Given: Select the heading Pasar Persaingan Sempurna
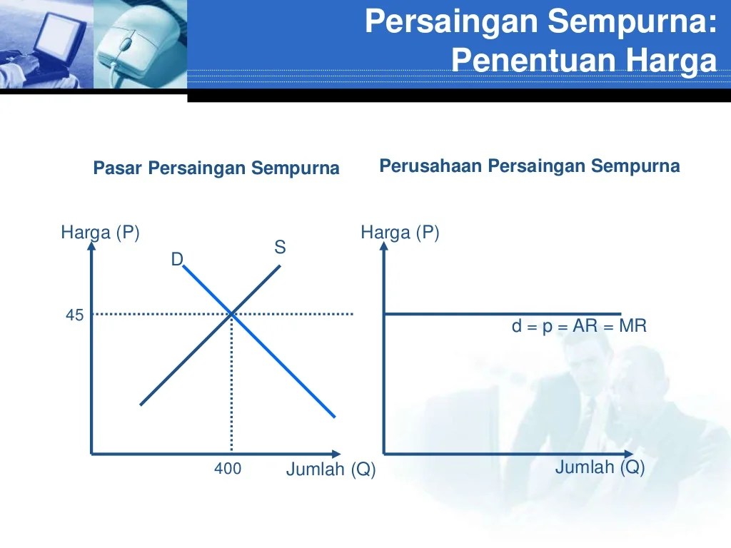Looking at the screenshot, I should click(216, 169).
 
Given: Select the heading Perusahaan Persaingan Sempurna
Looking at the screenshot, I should click(529, 167).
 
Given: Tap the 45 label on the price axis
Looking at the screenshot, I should click(75, 315).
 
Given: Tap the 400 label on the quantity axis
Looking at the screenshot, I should click(228, 470).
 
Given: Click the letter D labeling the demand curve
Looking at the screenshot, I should click(177, 260).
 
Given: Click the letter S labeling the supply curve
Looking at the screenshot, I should click(280, 248).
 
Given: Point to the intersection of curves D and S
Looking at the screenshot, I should click(232, 313).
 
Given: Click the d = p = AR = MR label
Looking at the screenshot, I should click(579, 327).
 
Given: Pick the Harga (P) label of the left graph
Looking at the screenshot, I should click(100, 233).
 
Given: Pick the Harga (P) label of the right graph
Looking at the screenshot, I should click(400, 233).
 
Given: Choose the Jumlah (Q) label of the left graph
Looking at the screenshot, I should click(331, 470).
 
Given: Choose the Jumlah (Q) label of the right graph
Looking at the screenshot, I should click(600, 468).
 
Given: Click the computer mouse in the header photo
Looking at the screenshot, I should click(132, 46).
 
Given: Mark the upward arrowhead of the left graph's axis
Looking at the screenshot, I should click(91, 247).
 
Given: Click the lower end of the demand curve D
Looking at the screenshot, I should click(334, 416).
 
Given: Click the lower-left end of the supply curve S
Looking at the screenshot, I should click(141, 404).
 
